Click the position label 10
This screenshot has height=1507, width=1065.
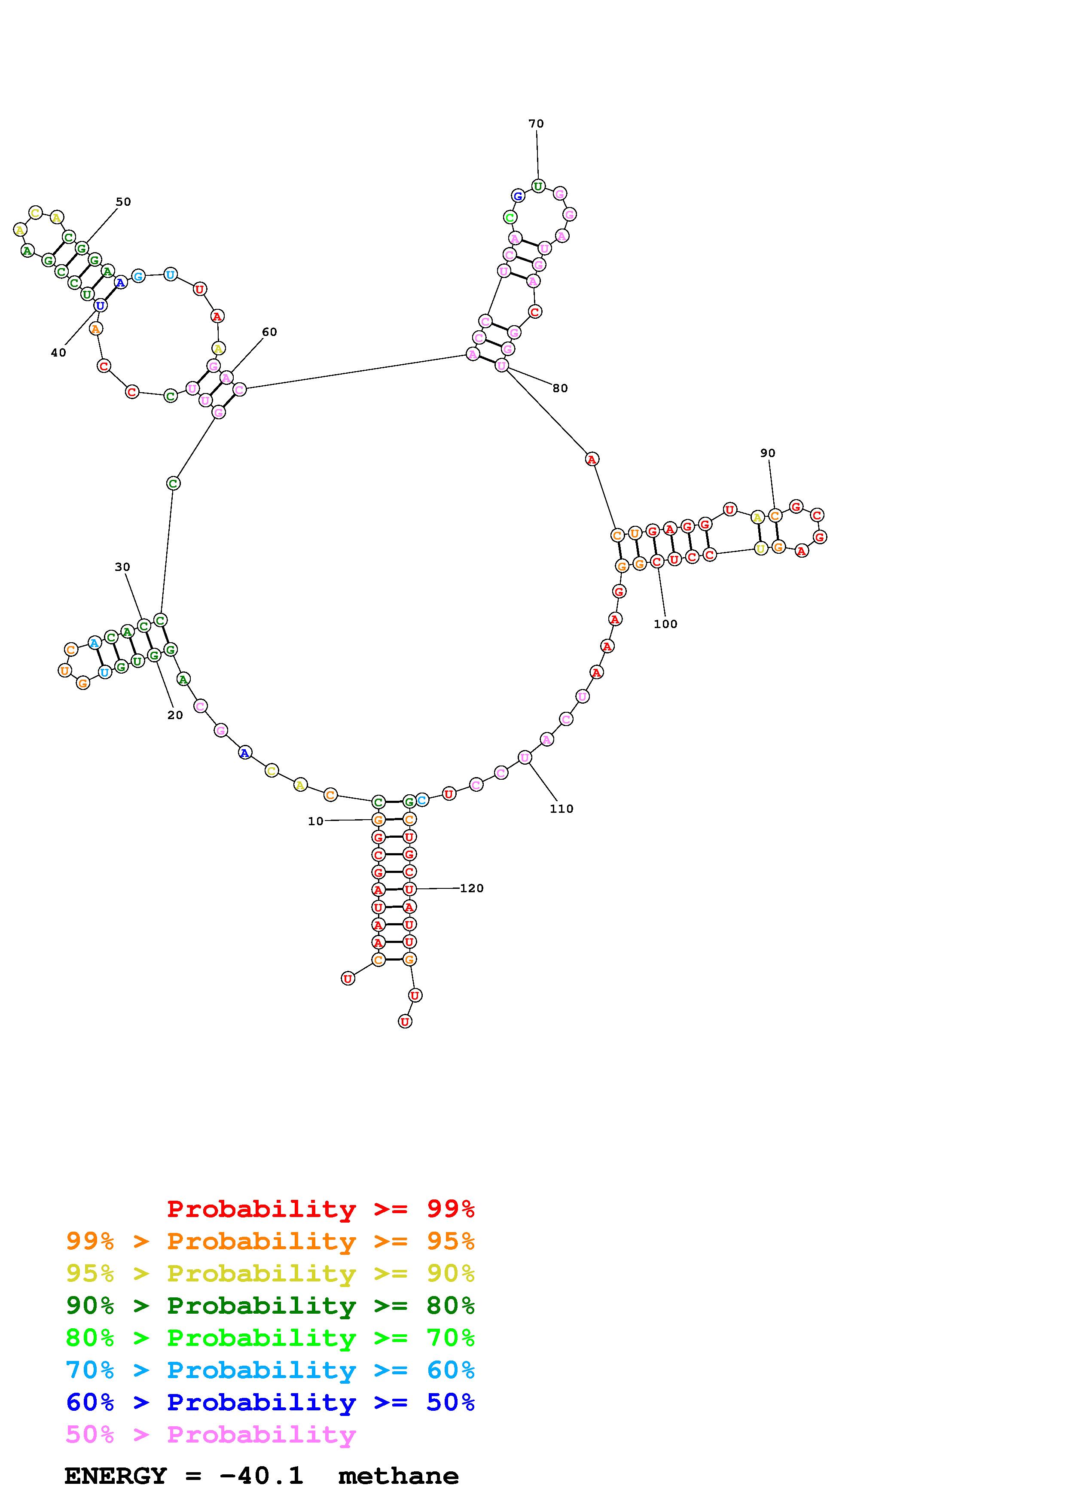click(316, 821)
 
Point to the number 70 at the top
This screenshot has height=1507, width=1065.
click(536, 123)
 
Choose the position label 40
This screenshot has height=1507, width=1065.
click(58, 352)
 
